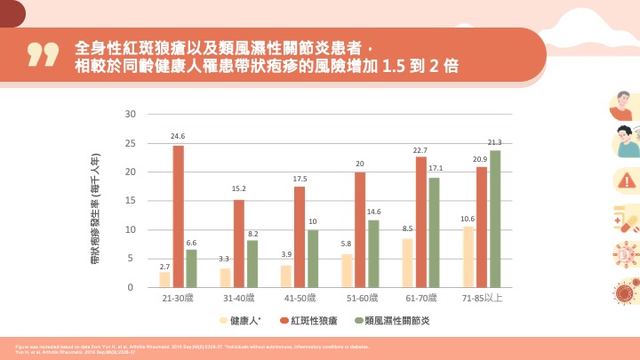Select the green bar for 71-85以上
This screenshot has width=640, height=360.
coord(495,219)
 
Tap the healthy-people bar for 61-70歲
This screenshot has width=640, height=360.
coord(408,262)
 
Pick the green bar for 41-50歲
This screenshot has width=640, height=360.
coord(312,258)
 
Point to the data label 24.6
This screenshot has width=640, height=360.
coord(178,137)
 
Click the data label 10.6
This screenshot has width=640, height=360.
coord(468,218)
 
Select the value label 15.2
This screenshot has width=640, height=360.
coord(239,190)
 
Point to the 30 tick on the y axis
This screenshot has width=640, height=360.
coord(130,114)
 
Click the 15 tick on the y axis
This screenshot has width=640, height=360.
coord(130,201)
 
